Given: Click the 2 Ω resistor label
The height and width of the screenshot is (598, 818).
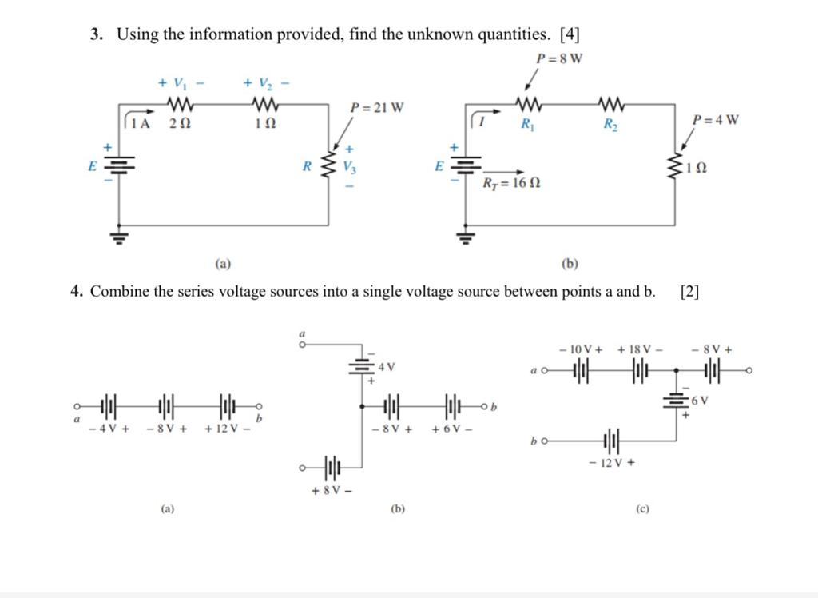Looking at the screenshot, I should [x=181, y=124].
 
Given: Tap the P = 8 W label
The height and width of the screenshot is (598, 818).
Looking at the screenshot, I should [x=558, y=58].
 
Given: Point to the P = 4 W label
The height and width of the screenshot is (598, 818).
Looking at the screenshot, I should [x=715, y=120].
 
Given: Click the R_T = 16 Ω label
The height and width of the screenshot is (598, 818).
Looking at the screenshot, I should [x=510, y=183].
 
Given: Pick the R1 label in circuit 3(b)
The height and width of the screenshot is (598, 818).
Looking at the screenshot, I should [x=528, y=124].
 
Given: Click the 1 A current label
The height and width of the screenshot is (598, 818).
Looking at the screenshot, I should [x=141, y=123].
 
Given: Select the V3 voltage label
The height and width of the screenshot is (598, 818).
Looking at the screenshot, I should [x=349, y=167].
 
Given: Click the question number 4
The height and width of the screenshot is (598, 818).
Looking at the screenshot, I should [x=75, y=291].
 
